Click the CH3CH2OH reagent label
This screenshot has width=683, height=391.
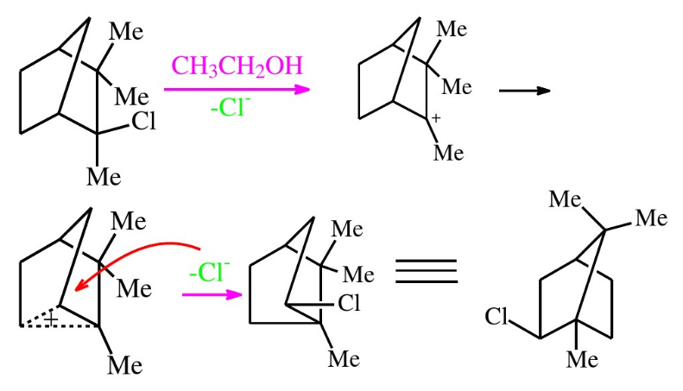237,66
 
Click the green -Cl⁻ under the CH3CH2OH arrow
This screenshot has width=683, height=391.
231,110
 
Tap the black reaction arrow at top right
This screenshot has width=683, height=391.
524,90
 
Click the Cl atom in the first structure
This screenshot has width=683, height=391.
143,122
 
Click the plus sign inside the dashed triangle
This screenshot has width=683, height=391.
52,320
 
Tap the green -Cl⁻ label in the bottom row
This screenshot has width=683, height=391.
208,272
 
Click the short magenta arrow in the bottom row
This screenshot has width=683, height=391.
211,294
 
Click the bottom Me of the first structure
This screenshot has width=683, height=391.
104,178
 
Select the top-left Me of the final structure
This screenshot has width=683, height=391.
565,200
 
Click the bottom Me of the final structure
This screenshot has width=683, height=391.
581,358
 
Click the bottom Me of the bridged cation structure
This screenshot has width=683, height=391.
124,365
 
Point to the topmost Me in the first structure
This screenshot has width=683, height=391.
126,32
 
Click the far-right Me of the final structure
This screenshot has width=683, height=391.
651,218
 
